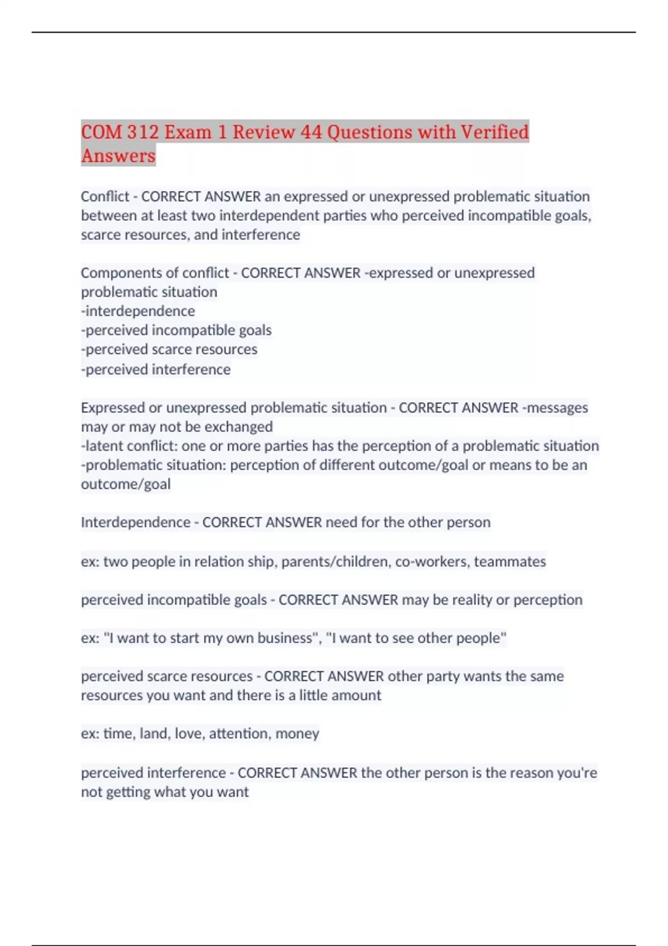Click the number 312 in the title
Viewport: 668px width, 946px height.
click(x=143, y=132)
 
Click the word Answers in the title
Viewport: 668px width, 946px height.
click(x=118, y=156)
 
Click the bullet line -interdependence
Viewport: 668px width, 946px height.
click(x=138, y=311)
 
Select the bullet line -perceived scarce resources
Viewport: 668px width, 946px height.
click(x=169, y=349)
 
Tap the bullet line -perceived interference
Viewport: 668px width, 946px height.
click(x=156, y=369)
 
